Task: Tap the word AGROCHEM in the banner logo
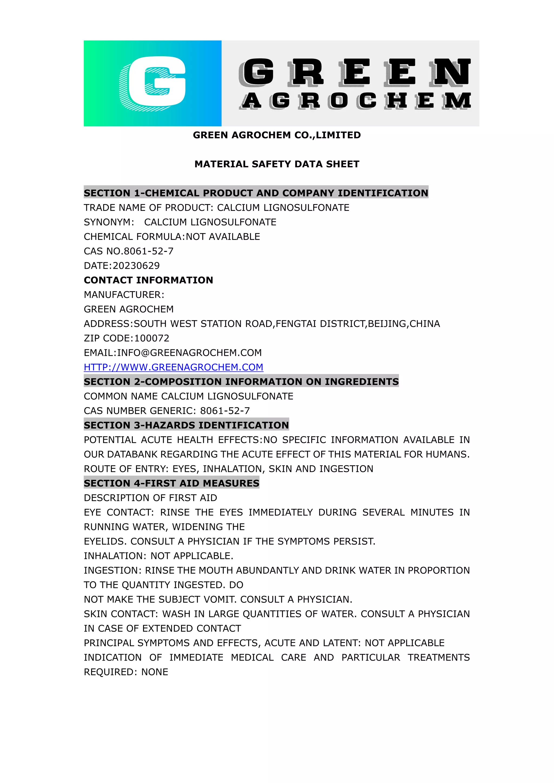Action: pyautogui.click(x=356, y=101)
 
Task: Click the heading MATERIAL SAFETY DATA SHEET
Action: pyautogui.click(x=277, y=164)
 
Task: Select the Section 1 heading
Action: pyautogui.click(x=256, y=193)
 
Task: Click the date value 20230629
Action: pyautogui.click(x=136, y=266)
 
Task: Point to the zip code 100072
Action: pyautogui.click(x=152, y=338)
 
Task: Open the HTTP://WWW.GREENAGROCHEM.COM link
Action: pyautogui.click(x=173, y=367)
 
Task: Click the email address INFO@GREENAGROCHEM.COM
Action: pyautogui.click(x=189, y=353)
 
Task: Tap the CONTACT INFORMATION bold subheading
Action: pyautogui.click(x=149, y=280)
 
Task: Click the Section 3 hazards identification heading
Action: pyautogui.click(x=186, y=425)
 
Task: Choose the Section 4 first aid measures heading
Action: pyautogui.click(x=172, y=483)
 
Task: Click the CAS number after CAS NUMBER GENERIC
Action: pyautogui.click(x=225, y=411)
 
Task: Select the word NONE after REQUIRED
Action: pyautogui.click(x=155, y=672)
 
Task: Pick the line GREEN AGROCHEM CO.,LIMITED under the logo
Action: pyautogui.click(x=277, y=135)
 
